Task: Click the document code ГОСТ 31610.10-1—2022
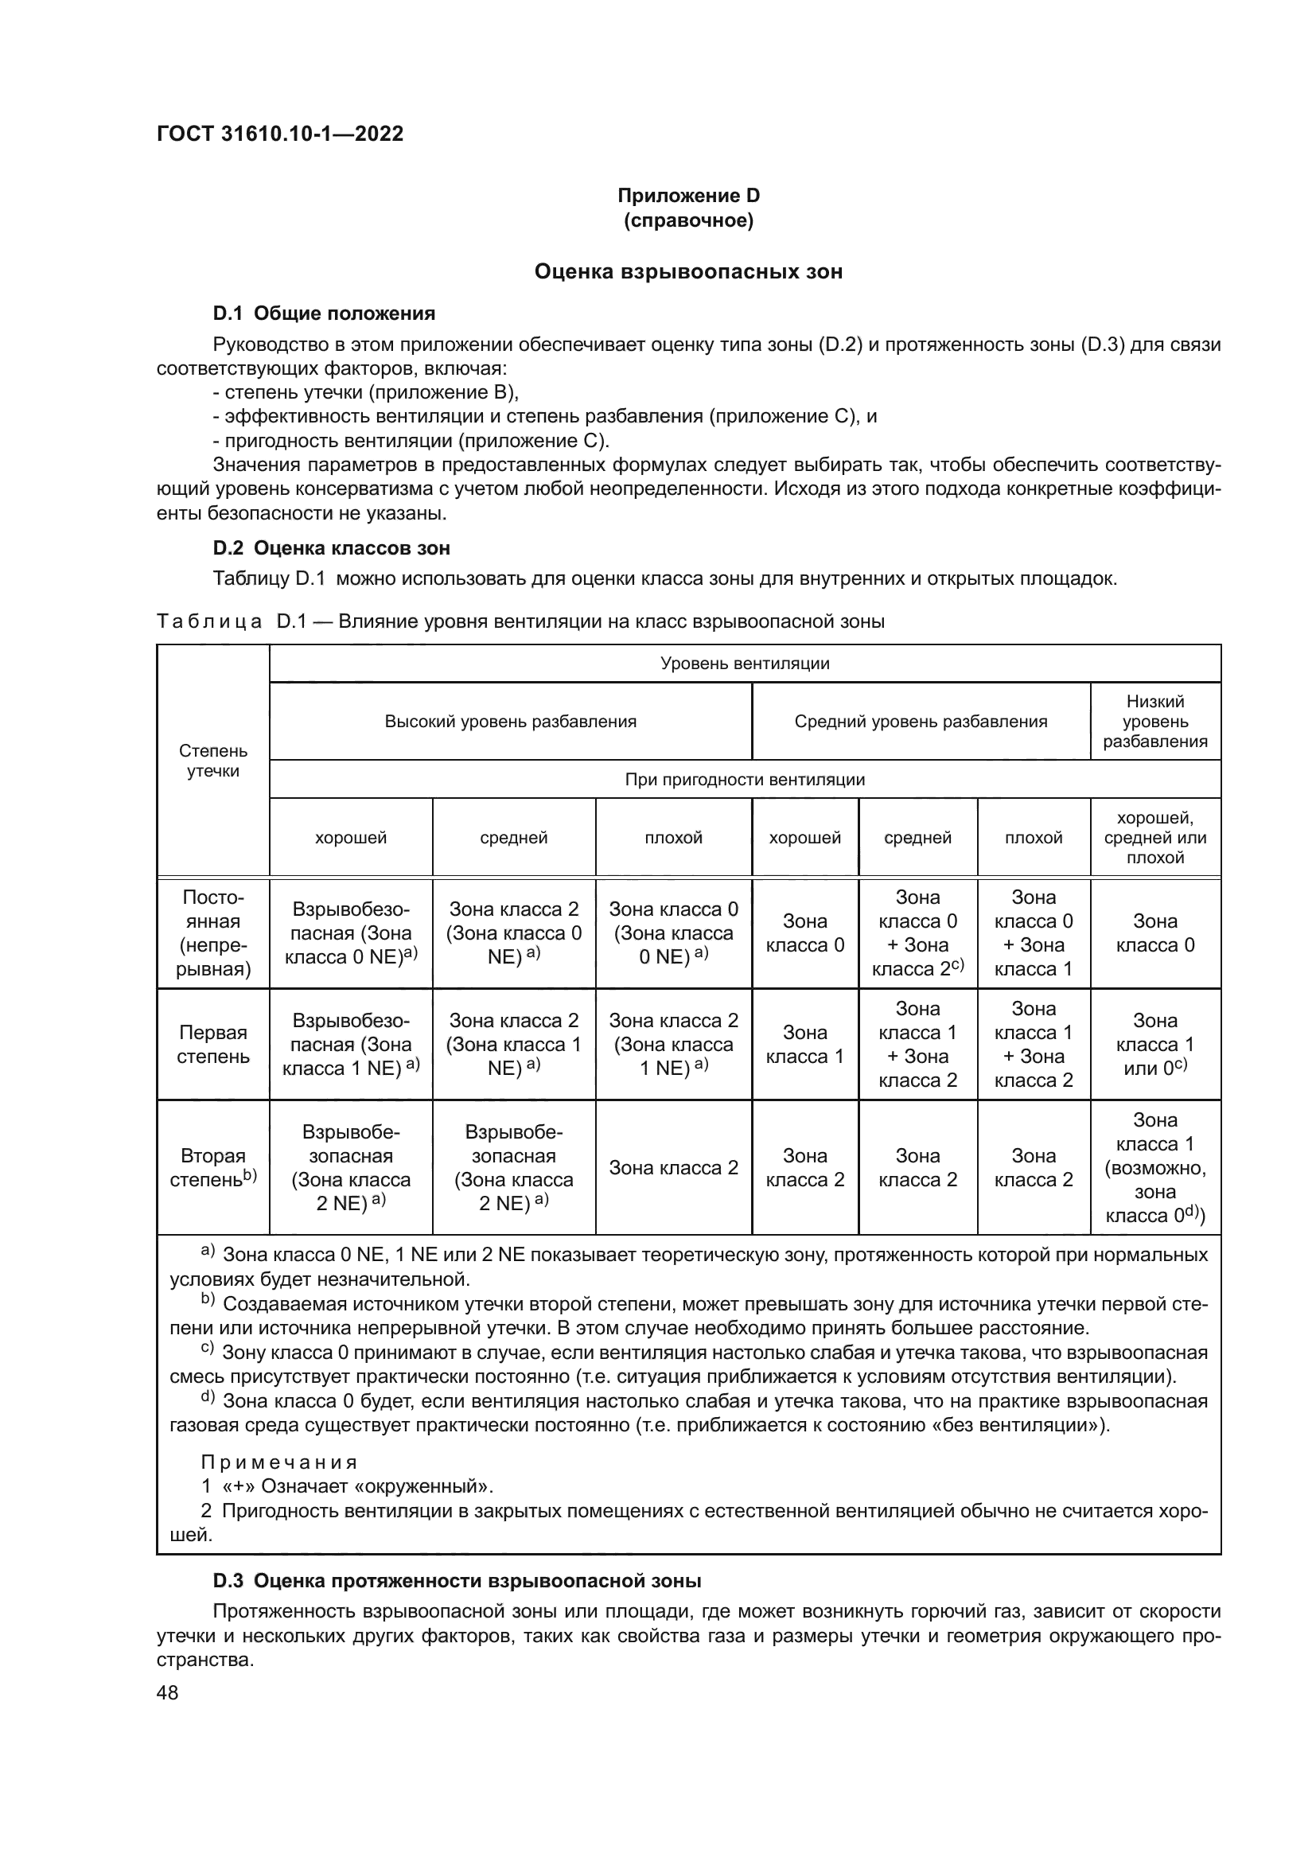pos(279,134)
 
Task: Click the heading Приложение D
pos(688,196)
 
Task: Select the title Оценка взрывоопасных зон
pos(688,271)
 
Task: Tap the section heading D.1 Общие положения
pos(323,313)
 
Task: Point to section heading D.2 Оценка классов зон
pos(331,548)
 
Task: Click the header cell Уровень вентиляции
pos(744,664)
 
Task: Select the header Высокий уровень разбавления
pos(510,722)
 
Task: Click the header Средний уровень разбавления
pos(920,722)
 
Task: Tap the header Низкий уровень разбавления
pos(1154,722)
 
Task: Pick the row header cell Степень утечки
pos(213,761)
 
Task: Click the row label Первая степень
pos(213,1044)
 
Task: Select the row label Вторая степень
pos(213,1167)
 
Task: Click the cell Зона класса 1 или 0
pos(1154,1044)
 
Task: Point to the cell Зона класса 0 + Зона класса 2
pos(917,933)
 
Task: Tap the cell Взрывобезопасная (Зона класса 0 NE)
pos(350,933)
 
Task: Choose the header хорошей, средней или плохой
pos(1154,837)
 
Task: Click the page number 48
pos(168,1692)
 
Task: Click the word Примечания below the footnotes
pos(278,1462)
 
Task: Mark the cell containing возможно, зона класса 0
pos(1154,1167)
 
